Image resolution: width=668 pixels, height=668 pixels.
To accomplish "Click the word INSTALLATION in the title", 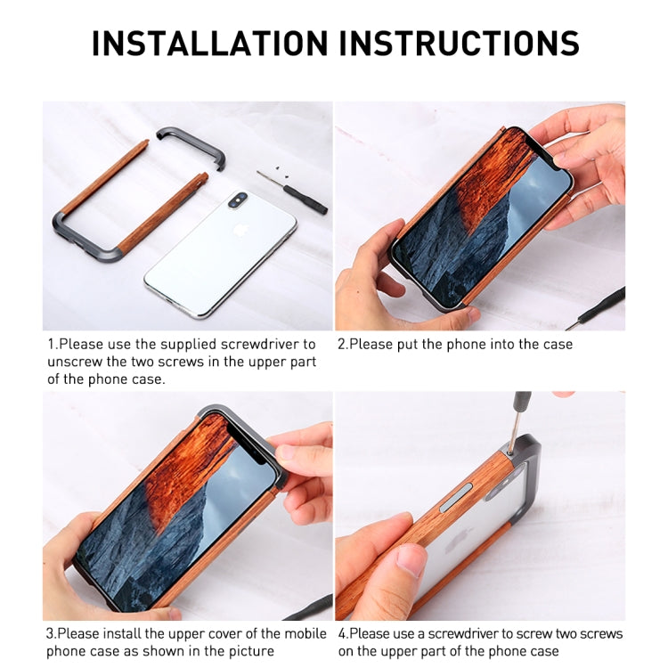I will [x=208, y=43].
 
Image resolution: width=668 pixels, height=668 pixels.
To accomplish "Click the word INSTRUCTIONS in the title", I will [x=455, y=43].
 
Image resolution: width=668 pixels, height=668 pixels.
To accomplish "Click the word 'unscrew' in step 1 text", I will [x=72, y=362].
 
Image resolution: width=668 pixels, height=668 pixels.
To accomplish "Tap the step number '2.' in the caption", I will [x=342, y=344].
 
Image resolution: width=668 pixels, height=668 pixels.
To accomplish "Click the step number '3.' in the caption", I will [x=52, y=634].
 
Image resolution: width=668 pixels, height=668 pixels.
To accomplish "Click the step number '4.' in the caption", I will [x=342, y=634].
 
